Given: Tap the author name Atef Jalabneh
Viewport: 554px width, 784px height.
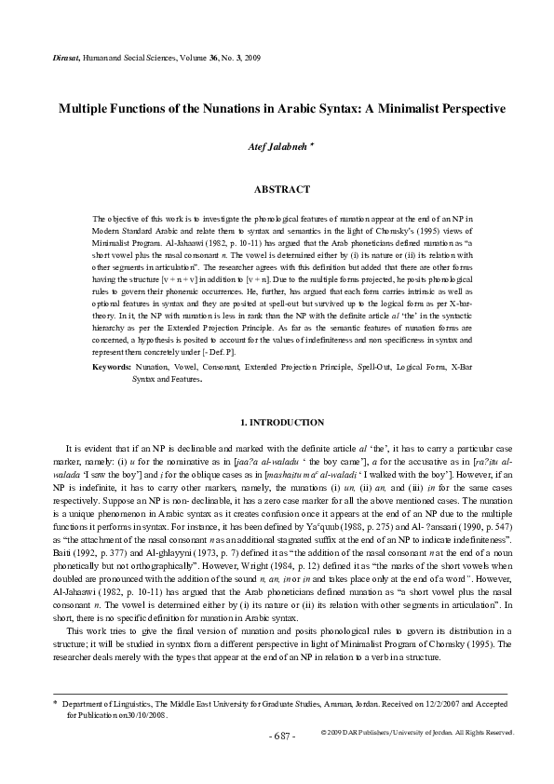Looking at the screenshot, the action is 272,148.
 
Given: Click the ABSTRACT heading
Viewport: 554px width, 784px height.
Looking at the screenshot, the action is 282,189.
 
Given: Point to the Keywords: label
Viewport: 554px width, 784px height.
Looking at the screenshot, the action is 112,368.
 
